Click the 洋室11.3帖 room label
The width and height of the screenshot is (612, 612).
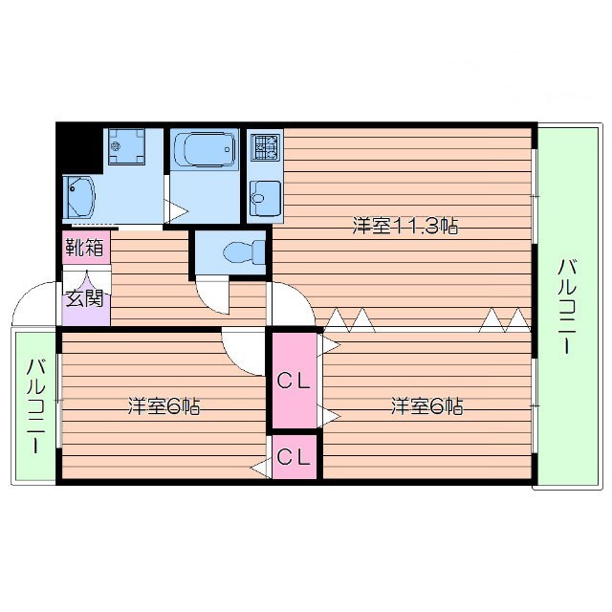tap(404, 227)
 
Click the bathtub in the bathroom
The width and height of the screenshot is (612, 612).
tap(204, 150)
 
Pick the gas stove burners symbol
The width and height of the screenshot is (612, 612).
tap(265, 148)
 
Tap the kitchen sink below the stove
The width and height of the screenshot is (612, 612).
tap(265, 198)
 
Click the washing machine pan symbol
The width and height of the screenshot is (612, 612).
tap(127, 146)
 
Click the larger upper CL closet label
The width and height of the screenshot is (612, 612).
tap(294, 380)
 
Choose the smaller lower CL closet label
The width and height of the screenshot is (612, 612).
tap(294, 457)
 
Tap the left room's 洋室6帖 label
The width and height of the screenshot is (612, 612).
tap(164, 406)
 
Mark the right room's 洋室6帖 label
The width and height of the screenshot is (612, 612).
tap(426, 406)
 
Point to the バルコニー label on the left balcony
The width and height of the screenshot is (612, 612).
tap(35, 405)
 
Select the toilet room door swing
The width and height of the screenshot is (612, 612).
tap(211, 295)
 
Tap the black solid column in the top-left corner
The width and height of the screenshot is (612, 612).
tap(79, 146)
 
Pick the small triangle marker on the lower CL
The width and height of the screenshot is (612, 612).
tap(259, 469)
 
